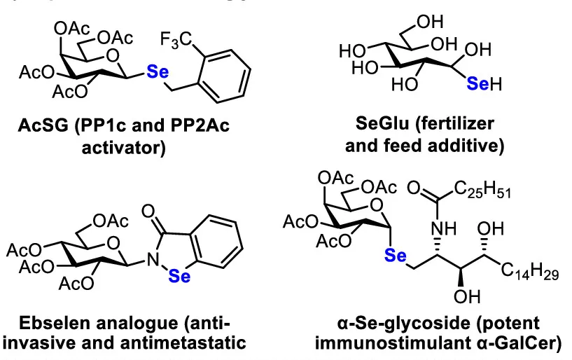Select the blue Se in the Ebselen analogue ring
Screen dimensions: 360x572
coord(184,279)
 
